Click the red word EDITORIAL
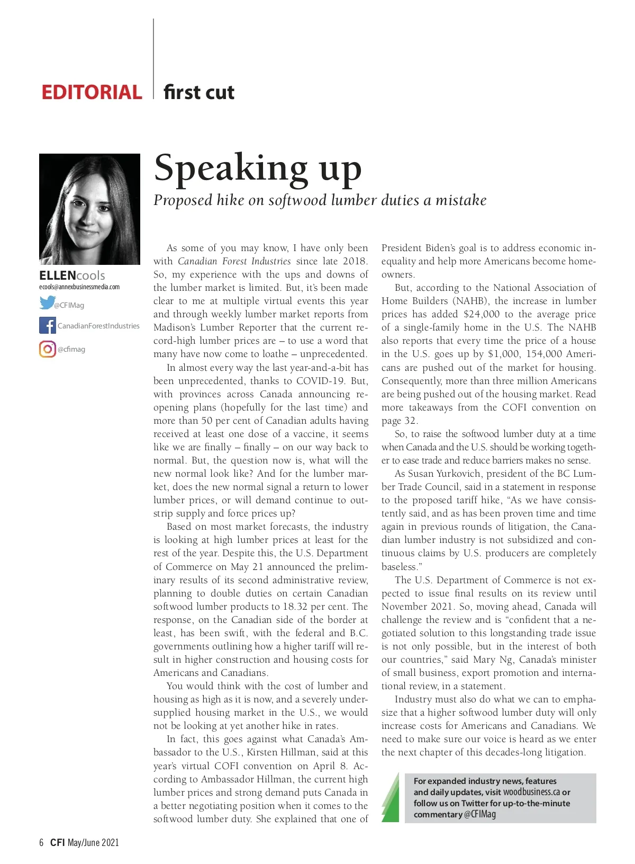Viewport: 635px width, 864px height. [x=92, y=92]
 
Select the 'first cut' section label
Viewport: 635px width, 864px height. [x=199, y=92]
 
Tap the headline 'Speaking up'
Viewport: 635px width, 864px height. [x=258, y=168]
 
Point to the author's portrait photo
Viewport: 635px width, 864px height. [x=89, y=209]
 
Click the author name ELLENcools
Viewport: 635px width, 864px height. [x=72, y=275]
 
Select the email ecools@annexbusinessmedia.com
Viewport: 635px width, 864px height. [x=79, y=287]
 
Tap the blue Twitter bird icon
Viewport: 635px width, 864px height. [x=47, y=303]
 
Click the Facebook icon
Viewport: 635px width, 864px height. [x=47, y=325]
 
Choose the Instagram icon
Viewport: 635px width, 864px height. [x=47, y=349]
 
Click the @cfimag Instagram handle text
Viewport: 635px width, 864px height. [x=71, y=350]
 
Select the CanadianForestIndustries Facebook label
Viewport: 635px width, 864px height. [x=98, y=326]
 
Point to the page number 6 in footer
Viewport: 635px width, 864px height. [x=41, y=842]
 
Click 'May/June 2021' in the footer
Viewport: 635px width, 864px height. [x=93, y=842]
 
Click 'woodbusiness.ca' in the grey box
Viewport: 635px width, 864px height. [x=531, y=792]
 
